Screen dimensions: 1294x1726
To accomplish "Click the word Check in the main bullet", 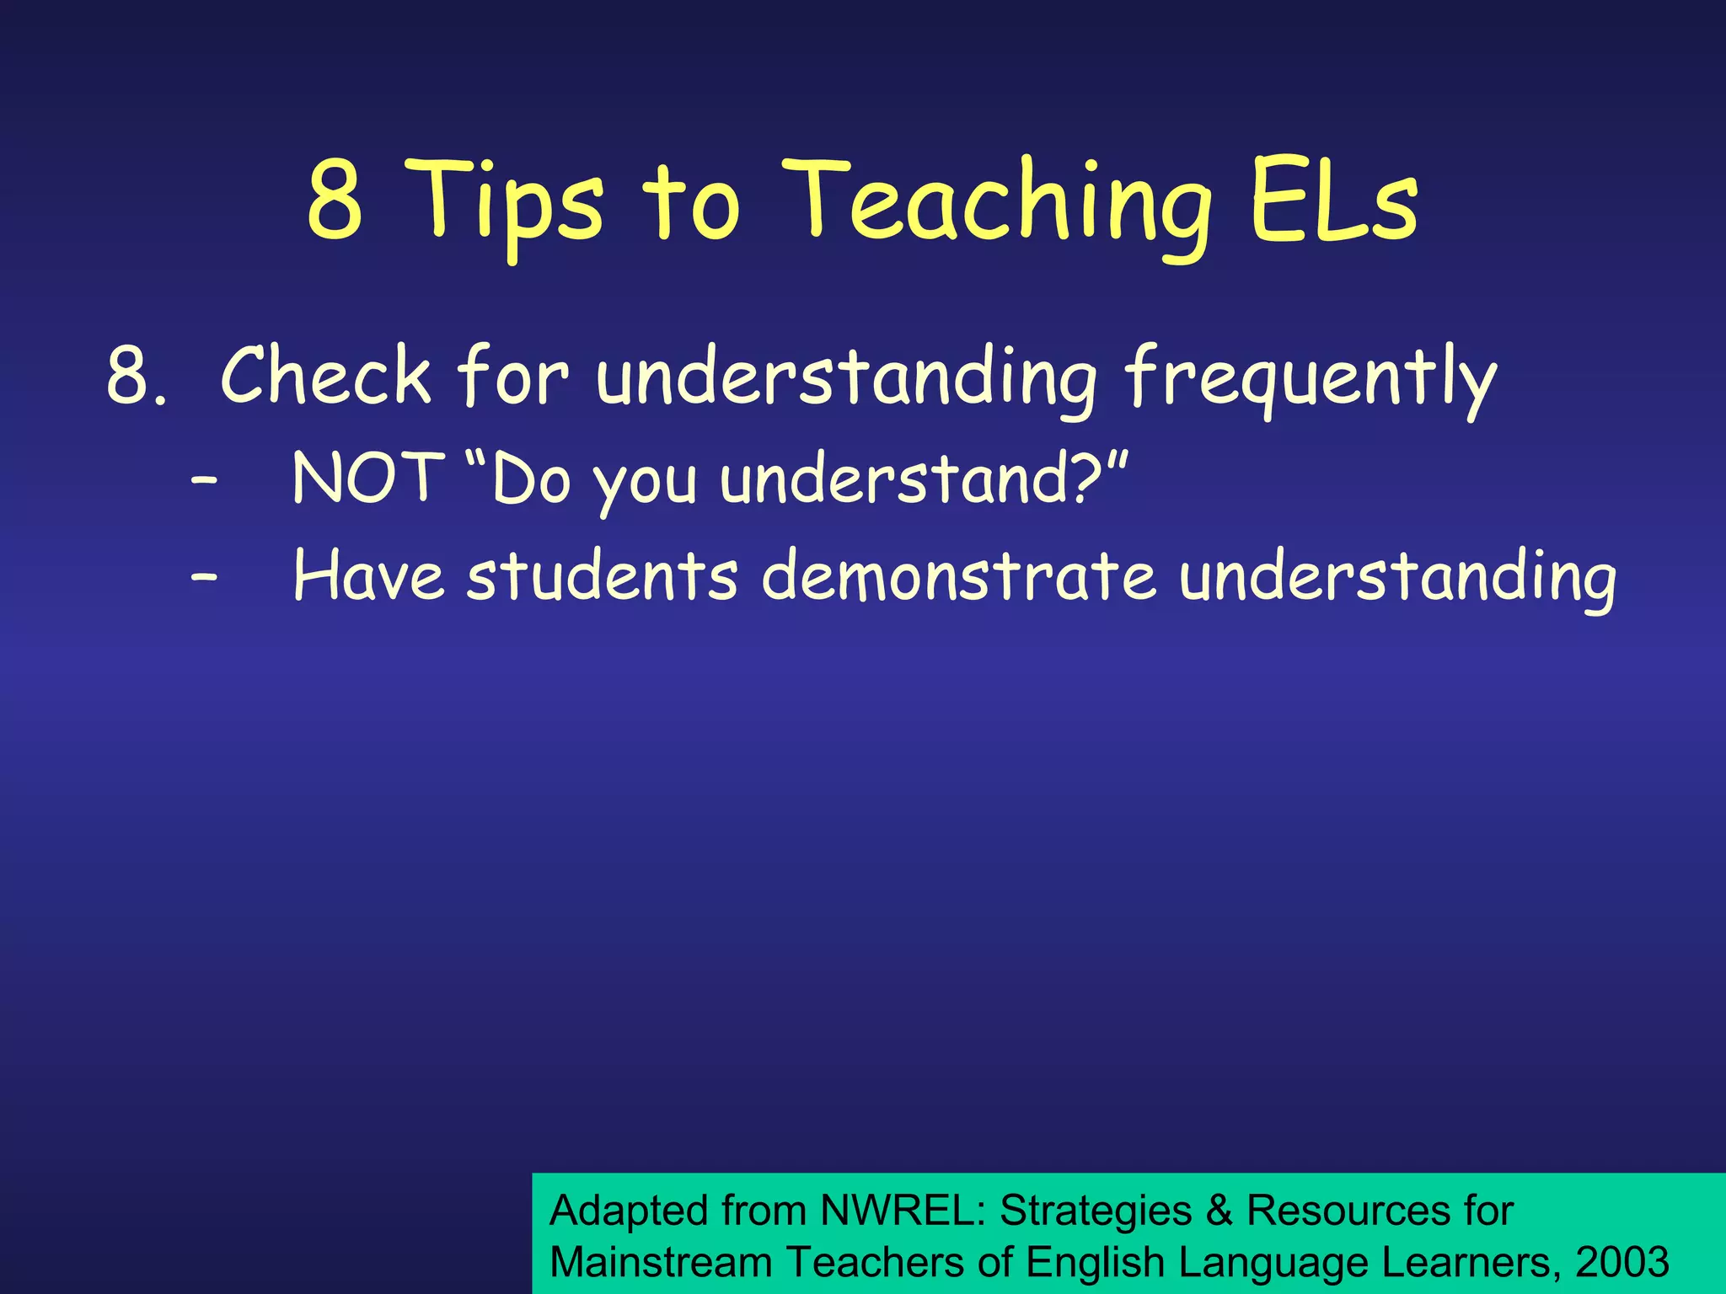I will [325, 375].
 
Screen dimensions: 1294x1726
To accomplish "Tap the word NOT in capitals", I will [367, 478].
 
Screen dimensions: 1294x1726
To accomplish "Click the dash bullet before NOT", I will [204, 481].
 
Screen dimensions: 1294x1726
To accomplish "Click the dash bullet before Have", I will [204, 579].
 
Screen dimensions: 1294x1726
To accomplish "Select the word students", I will [602, 576].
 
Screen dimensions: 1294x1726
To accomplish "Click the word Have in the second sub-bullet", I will [367, 576].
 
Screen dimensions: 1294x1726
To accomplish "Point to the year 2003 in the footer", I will [1621, 1262].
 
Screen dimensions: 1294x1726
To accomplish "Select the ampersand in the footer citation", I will [1219, 1211].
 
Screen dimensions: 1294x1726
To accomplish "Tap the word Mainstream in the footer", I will [661, 1262].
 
